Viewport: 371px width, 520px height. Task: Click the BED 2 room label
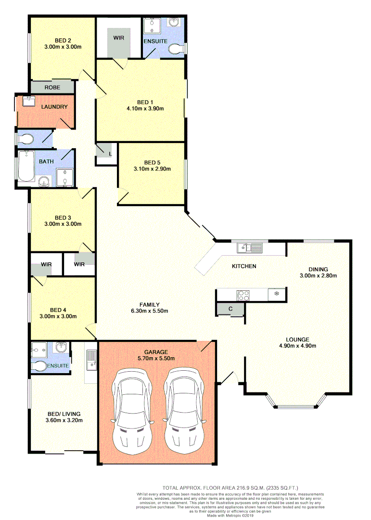[x=63, y=40]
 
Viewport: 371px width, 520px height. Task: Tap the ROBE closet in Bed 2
[x=52, y=87]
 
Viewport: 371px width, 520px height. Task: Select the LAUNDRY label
[x=54, y=106]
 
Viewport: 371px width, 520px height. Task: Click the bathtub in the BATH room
[x=26, y=166]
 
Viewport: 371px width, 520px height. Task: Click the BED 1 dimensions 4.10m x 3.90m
[x=144, y=108]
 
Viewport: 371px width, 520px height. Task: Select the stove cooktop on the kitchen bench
[x=243, y=294]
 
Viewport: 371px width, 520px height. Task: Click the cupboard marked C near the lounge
[x=230, y=309]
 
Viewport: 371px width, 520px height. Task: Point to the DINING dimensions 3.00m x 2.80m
[x=318, y=276]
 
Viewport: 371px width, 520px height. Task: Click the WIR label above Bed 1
[x=119, y=37]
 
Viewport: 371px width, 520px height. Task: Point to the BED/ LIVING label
[x=64, y=414]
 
